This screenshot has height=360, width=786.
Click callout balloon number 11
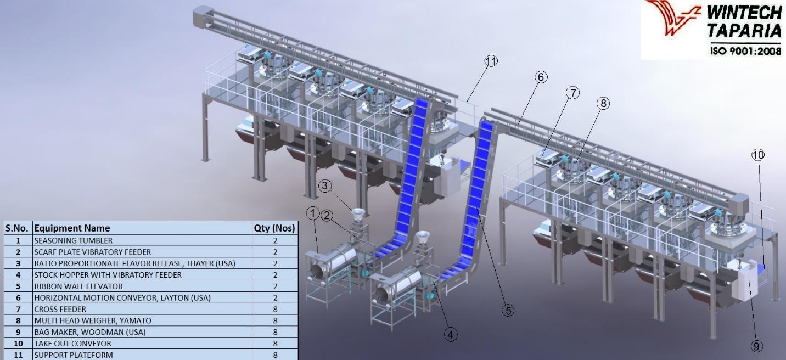pos(491,61)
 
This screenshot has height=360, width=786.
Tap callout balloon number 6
pos(541,77)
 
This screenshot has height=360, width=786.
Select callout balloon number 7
pos(572,93)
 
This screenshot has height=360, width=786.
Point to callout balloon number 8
pos(603,103)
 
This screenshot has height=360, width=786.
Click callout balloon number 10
pos(758,155)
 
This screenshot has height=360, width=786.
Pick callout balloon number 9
pos(756,347)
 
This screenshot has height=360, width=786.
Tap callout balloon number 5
pos(508,310)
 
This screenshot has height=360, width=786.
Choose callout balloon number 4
pos(451,334)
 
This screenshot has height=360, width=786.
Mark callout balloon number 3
pos(325,185)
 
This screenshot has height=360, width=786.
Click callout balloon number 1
pos(313,213)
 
